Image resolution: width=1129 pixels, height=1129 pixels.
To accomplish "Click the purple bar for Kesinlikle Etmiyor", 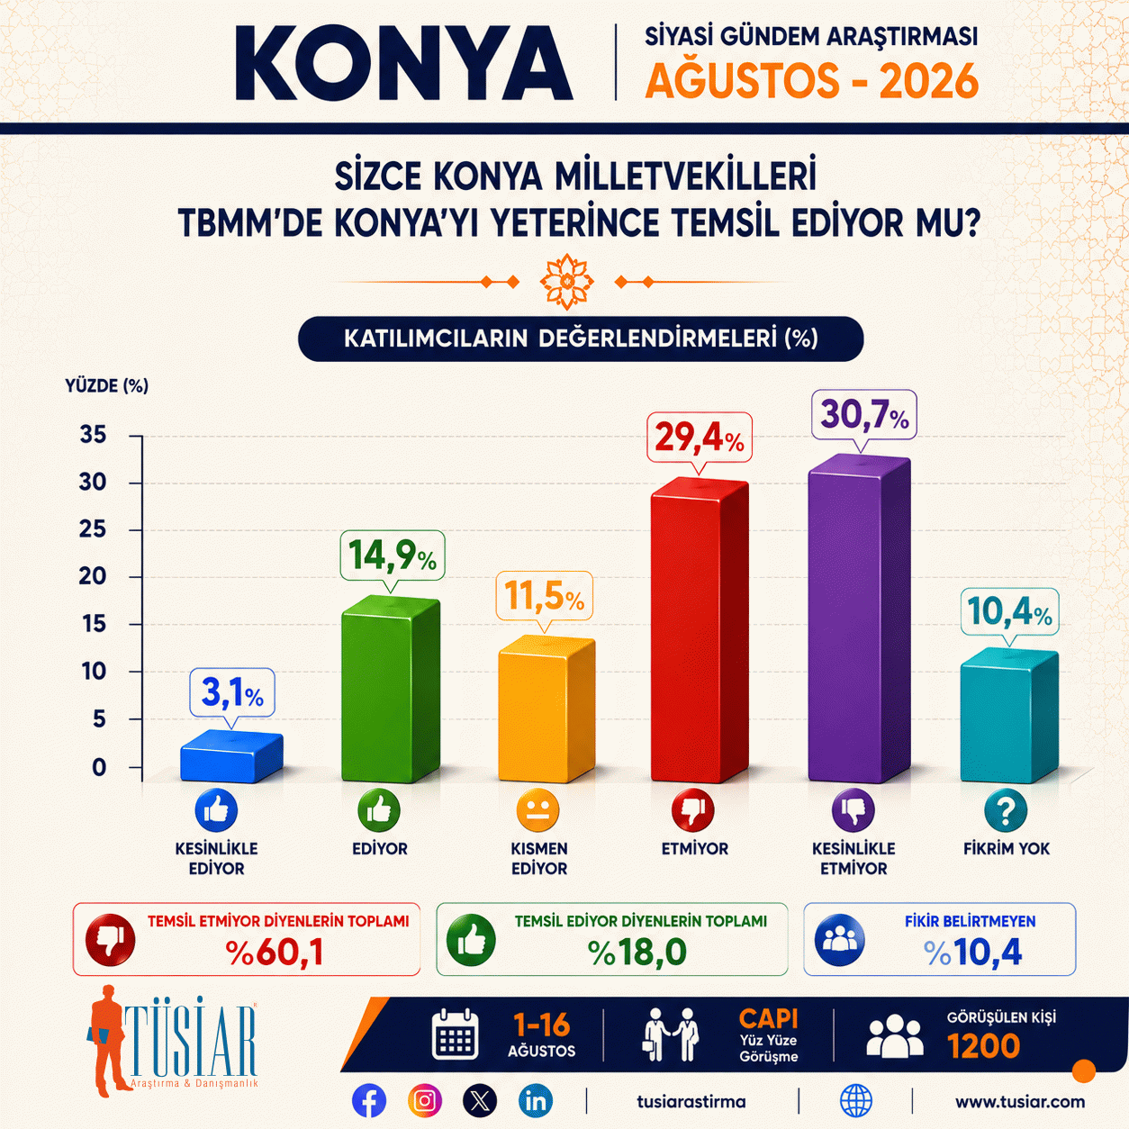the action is (x=859, y=619).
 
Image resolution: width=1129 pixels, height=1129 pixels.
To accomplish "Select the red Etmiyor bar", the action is (x=700, y=630).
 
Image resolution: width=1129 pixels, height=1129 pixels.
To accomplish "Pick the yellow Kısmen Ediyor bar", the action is (x=546, y=709).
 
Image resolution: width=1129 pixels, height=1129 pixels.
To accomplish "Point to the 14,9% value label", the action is (x=393, y=555).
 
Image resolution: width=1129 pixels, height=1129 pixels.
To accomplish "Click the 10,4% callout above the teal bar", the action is (x=1009, y=612).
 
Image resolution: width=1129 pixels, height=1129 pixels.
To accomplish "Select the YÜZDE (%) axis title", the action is (x=106, y=385).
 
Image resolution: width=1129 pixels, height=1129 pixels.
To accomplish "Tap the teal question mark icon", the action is (x=1006, y=810).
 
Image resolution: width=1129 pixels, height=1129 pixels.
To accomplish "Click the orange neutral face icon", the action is (x=537, y=810).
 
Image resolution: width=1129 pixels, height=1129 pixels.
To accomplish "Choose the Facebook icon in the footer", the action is (x=369, y=1101).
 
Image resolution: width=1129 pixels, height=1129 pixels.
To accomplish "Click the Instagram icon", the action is (x=424, y=1101).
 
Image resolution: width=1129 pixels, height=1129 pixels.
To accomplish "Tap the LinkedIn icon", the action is (x=536, y=1101).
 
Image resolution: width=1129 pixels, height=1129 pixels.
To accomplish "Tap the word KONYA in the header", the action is (x=403, y=63).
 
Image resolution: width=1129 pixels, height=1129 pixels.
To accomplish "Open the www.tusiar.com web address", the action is (x=1020, y=1102).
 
